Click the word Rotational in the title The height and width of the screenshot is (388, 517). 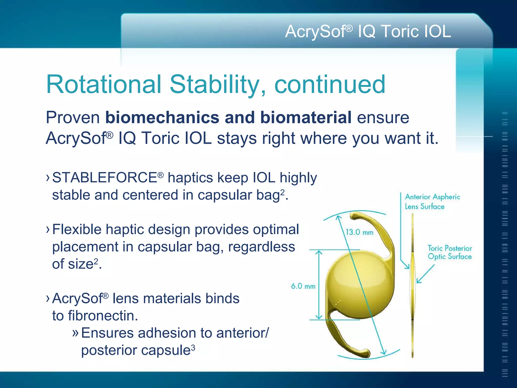click(104, 84)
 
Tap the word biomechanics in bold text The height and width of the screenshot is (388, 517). click(162, 118)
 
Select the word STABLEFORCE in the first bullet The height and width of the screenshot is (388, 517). click(105, 178)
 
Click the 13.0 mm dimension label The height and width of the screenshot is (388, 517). click(359, 232)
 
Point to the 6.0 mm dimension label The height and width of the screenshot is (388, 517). click(303, 286)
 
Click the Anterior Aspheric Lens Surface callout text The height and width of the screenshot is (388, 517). click(432, 202)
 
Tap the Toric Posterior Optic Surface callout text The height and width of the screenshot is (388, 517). click(450, 252)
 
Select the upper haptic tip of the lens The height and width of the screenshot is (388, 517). click(355, 216)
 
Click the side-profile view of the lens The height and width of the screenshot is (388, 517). click(412, 285)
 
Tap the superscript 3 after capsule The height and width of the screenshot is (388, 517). click(193, 348)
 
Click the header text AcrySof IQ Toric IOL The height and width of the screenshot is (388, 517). click(368, 31)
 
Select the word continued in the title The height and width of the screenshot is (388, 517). click(330, 84)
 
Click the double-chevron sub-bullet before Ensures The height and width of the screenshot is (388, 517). click(75, 333)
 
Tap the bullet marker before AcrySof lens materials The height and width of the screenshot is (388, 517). click(48, 299)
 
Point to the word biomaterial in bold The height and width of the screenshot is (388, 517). click(306, 118)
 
